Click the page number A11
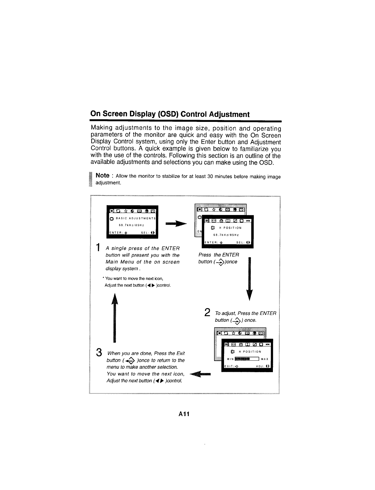pyautogui.click(x=184, y=414)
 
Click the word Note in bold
pyautogui.click(x=102, y=175)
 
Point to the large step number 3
pyautogui.click(x=99, y=352)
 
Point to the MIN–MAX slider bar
pyautogui.click(x=247, y=359)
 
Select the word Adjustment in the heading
pyautogui.click(x=229, y=114)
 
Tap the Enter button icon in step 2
pyautogui.click(x=238, y=320)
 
